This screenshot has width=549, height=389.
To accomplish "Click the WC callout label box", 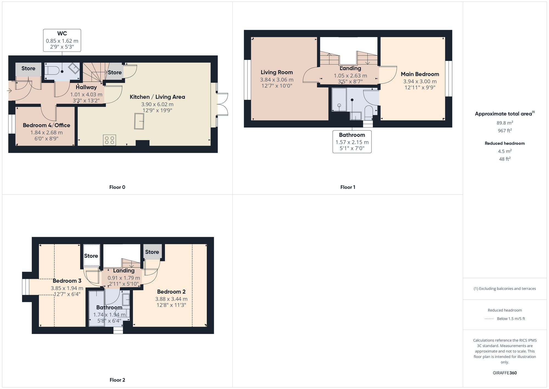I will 62,40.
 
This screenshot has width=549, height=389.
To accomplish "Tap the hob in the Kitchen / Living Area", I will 109,140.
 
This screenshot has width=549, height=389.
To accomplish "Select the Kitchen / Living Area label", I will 157,97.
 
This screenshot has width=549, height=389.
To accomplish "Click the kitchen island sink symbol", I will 139,121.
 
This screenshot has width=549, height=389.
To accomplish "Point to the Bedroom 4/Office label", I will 46,125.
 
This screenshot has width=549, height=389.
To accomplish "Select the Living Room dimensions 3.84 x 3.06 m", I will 277,80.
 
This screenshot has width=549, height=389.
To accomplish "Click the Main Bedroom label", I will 420,74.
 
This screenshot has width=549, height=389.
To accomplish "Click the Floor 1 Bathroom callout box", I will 352,142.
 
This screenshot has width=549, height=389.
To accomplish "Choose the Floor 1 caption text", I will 348,187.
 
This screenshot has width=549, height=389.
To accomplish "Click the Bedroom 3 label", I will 67,281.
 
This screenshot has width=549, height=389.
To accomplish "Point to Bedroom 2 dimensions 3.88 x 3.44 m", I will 171,299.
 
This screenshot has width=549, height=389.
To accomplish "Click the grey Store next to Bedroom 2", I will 152,252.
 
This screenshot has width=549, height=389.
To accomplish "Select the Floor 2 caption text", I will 117,380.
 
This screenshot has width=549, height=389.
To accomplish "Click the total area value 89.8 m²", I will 505,123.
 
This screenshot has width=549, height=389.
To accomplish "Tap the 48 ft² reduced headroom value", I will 505,159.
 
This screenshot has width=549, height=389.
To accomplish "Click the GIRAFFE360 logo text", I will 505,373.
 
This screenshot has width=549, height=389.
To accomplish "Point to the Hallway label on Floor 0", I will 86,87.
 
